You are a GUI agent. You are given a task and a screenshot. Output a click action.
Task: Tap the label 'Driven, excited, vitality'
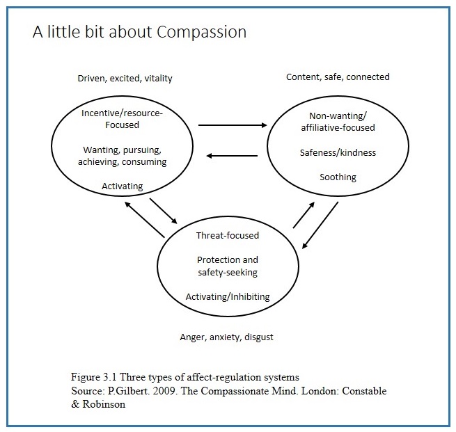point(125,79)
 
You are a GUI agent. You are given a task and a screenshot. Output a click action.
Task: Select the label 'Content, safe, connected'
point(338,77)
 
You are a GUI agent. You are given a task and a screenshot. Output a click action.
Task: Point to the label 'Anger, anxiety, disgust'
point(226,337)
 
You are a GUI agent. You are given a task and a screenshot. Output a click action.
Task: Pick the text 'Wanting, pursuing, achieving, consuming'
point(125,156)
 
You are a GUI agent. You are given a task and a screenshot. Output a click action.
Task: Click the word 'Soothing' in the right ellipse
point(338,177)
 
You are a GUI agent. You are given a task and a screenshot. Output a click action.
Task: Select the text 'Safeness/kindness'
point(338,152)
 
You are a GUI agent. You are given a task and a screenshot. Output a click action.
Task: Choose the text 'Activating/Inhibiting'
point(227,297)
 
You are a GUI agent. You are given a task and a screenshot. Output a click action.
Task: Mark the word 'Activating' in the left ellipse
point(122,186)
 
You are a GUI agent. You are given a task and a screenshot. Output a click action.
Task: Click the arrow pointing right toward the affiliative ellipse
point(233,126)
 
